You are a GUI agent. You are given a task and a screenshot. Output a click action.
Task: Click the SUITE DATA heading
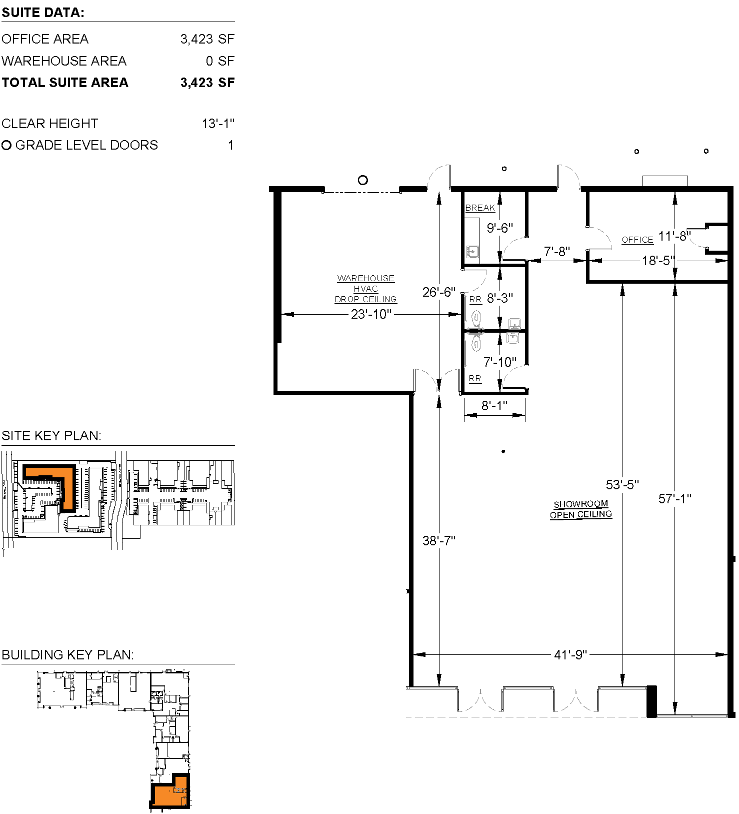(43, 13)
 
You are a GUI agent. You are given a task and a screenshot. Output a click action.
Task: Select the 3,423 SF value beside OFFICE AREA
(207, 39)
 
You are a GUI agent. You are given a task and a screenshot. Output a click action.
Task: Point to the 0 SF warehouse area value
(220, 61)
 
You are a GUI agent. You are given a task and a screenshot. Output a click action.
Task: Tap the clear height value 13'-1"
(218, 124)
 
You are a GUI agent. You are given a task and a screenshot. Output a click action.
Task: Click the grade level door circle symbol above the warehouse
(363, 180)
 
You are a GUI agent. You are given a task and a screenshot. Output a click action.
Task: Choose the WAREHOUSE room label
(365, 278)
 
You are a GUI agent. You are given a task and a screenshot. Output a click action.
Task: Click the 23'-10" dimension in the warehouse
(370, 314)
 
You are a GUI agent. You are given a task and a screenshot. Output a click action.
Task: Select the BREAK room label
(479, 208)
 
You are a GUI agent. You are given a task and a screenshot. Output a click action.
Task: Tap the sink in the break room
(472, 251)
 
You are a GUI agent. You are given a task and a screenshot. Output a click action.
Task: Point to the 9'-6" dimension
(499, 228)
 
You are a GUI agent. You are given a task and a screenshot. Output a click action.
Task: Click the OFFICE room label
(637, 240)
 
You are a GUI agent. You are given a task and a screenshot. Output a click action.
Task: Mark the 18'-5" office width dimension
(658, 261)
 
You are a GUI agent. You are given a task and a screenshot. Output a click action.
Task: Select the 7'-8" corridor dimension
(556, 252)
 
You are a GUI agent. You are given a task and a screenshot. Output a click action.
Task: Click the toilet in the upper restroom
(476, 317)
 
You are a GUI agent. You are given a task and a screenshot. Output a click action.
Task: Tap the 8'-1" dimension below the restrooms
(494, 406)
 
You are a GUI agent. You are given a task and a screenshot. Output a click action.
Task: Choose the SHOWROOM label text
(580, 504)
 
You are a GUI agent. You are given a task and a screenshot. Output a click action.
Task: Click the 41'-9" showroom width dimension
(570, 654)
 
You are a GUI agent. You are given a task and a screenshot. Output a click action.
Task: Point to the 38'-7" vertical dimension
(438, 541)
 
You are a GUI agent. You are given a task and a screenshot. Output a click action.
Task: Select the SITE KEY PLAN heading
(51, 436)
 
